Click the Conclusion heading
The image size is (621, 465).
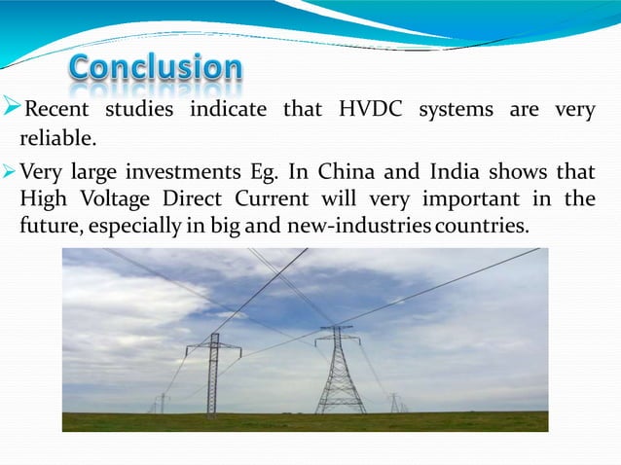point(157,68)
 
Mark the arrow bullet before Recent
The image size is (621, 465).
point(12,106)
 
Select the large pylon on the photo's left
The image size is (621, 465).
point(213,375)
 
